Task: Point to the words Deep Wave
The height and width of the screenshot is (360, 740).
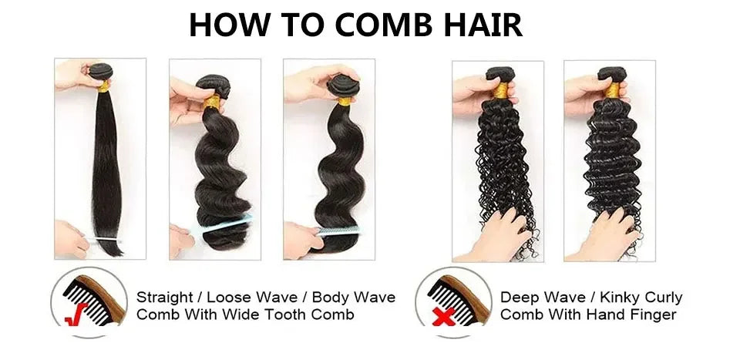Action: (536, 297)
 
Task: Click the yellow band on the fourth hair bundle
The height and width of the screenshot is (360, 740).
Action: (501, 90)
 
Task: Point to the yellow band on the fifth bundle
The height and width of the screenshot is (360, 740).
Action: (613, 91)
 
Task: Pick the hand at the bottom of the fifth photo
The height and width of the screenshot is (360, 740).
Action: (601, 235)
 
